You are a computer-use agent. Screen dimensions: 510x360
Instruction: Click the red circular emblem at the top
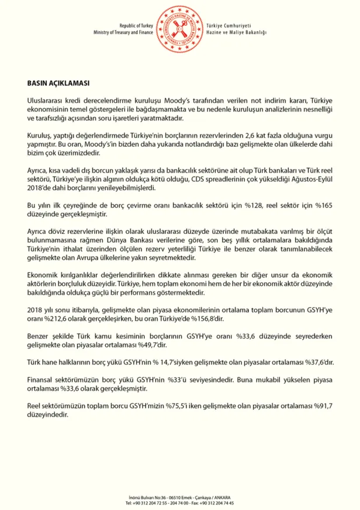pyautogui.click(x=180, y=29)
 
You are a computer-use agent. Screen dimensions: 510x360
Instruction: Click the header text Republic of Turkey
pyautogui.click(x=136, y=26)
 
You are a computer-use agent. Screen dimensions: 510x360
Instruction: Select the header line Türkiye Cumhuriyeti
pyautogui.click(x=229, y=26)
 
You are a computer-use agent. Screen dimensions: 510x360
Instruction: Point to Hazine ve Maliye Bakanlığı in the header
pyautogui.click(x=236, y=33)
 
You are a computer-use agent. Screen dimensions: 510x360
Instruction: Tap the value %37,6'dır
pyautogui.click(x=318, y=363)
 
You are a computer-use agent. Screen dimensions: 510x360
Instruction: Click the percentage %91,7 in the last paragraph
pyautogui.click(x=321, y=405)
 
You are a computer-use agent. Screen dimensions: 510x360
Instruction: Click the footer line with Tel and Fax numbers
pyautogui.click(x=180, y=502)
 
